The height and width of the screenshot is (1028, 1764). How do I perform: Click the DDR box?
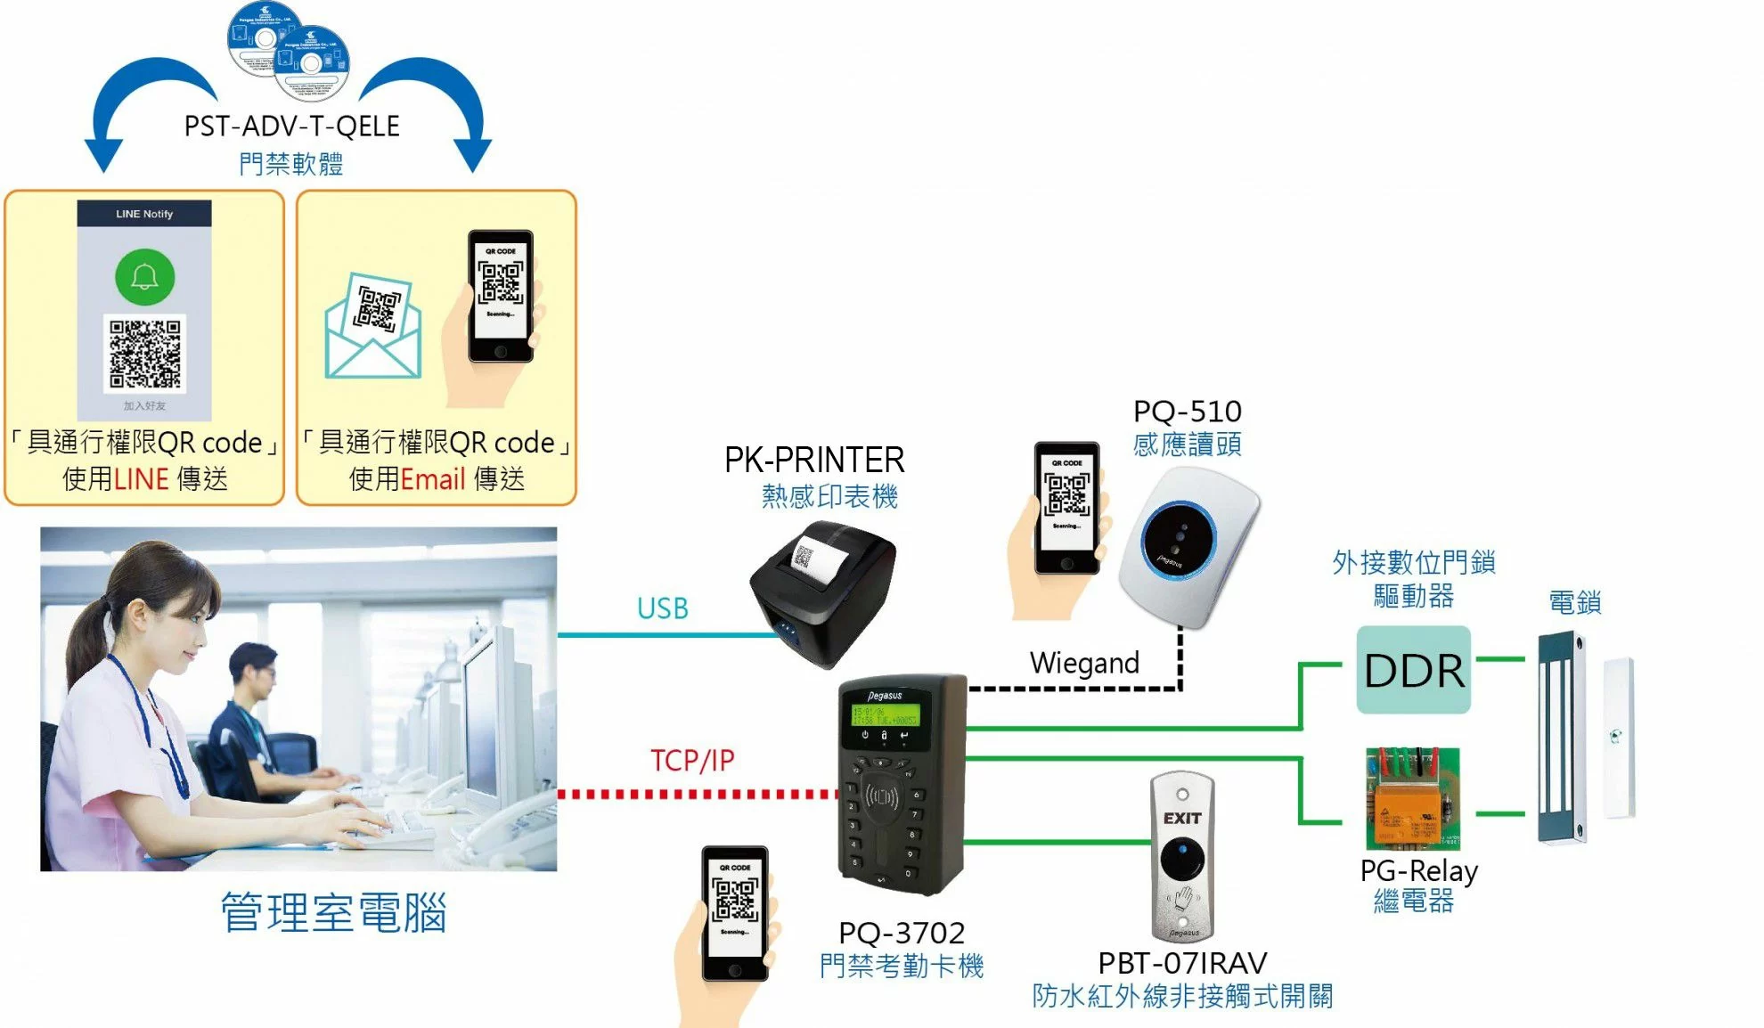pyautogui.click(x=1413, y=670)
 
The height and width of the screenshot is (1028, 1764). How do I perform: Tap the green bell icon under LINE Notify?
pyautogui.click(x=144, y=277)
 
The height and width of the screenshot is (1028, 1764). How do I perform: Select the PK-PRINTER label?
pyautogui.click(x=814, y=460)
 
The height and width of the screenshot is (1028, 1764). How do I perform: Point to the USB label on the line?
pyautogui.click(x=662, y=608)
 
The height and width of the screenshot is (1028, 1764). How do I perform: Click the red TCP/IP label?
pyautogui.click(x=692, y=760)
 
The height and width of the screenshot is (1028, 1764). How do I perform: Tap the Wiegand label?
pyautogui.click(x=1084, y=663)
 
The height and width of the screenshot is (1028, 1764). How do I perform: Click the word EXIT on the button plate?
pyautogui.click(x=1182, y=818)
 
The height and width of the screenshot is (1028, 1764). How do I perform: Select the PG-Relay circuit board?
pyautogui.click(x=1413, y=799)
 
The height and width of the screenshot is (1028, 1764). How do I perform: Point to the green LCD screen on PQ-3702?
pyautogui.click(x=885, y=714)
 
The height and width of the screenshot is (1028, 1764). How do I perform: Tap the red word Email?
pyautogui.click(x=433, y=479)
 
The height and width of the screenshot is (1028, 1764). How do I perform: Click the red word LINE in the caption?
pyautogui.click(x=141, y=479)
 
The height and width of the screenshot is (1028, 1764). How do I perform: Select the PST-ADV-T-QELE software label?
pyautogui.click(x=291, y=126)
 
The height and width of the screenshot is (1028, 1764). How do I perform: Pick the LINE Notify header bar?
pyautogui.click(x=144, y=214)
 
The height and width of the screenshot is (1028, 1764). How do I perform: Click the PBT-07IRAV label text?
pyautogui.click(x=1182, y=963)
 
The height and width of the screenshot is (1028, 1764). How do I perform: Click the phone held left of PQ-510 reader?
pyautogui.click(x=1066, y=508)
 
